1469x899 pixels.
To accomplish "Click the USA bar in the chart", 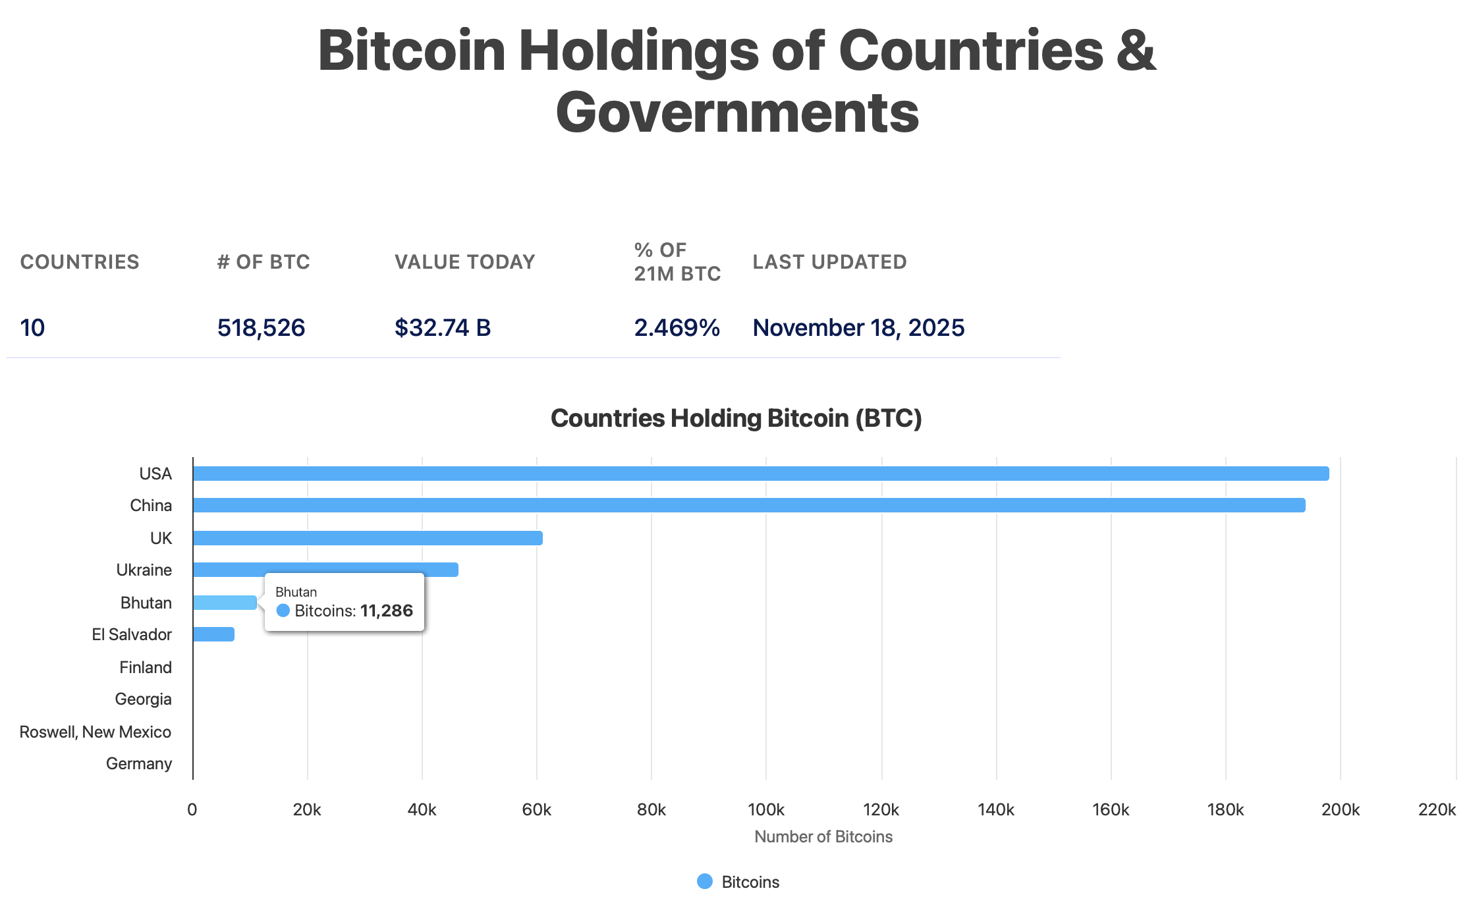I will pos(761,474).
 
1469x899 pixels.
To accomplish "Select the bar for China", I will pos(749,505).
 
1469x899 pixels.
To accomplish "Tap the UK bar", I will pos(368,538).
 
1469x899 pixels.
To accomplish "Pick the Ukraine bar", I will pos(325,570).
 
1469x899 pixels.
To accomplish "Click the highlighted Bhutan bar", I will pos(225,603).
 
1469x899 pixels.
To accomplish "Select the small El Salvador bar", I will pos(213,634).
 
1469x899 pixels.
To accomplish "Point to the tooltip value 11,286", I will pos(387,611).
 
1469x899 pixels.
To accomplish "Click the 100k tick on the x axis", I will pos(766,809).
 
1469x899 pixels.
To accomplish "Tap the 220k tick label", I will pos(1437,809).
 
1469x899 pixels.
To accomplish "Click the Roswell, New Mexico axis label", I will pos(96,732).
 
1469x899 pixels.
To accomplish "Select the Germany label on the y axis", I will pos(139,763).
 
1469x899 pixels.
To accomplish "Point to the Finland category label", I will pos(146,667).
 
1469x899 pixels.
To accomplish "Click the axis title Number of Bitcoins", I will pos(823,836).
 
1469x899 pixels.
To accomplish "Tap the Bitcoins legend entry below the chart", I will pos(738,882).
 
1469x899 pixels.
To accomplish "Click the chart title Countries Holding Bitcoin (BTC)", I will pos(736,418).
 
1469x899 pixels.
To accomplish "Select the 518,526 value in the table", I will pos(262,327).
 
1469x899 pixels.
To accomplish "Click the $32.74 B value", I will pos(443,327).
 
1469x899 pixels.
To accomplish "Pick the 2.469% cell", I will pos(677,327).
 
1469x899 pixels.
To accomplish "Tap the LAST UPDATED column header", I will pos(829,262).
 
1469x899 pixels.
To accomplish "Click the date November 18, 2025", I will pos(858,327).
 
